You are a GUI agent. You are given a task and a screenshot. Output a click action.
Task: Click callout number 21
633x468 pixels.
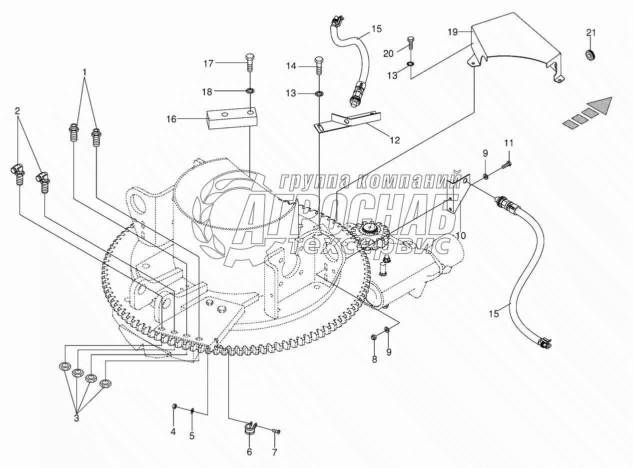pyautogui.click(x=591, y=33)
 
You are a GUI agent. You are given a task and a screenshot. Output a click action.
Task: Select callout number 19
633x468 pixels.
pyautogui.click(x=452, y=32)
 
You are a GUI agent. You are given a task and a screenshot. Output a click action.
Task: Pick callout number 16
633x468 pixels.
pyautogui.click(x=171, y=119)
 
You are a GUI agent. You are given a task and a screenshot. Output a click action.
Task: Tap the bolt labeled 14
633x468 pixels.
pyautogui.click(x=318, y=66)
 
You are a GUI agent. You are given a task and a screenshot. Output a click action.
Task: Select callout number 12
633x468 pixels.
pyautogui.click(x=395, y=140)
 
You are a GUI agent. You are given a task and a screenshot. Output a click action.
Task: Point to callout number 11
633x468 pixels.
pyautogui.click(x=508, y=143)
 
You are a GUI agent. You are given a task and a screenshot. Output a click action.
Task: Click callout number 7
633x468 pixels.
pyautogui.click(x=274, y=452)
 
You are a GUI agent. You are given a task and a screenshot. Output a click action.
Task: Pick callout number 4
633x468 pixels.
pyautogui.click(x=173, y=432)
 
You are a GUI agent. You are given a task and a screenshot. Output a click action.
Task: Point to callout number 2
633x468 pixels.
pyautogui.click(x=17, y=111)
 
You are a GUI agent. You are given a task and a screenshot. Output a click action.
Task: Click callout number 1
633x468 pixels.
pyautogui.click(x=84, y=72)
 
